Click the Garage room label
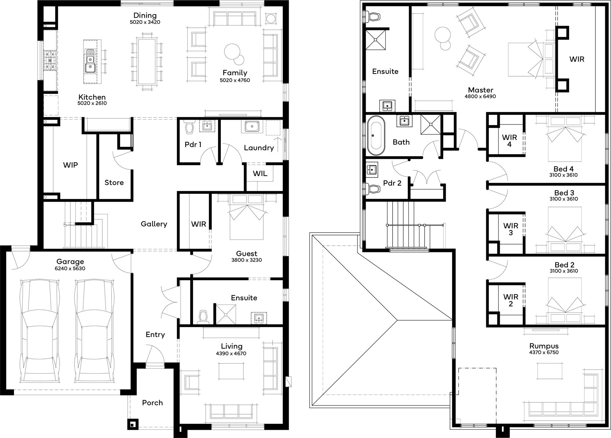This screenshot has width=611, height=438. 70,262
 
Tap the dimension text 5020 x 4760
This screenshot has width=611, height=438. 235,80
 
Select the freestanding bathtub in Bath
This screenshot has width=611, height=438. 376,136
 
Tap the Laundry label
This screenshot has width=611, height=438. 259,148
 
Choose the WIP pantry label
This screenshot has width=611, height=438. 71,165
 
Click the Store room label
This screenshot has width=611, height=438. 114,183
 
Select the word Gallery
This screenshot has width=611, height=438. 154,224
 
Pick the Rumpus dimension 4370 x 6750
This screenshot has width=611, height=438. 544,352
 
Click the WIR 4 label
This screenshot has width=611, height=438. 509,141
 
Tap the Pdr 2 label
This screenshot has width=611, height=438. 392,183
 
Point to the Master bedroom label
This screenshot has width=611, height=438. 481,90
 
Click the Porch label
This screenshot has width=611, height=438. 152,403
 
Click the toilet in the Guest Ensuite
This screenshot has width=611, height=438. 203,317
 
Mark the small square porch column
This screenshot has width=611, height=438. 133,424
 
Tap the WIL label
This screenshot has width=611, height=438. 260,174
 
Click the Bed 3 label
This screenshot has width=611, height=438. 564,193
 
